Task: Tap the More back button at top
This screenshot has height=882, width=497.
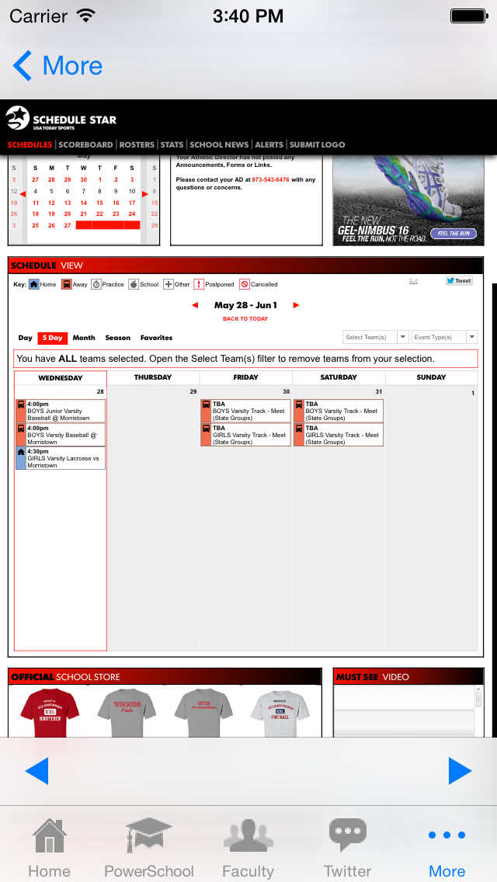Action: click(57, 66)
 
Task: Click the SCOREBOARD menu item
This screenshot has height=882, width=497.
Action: click(85, 144)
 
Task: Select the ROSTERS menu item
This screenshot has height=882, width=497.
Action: click(137, 144)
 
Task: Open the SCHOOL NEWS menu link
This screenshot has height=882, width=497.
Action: click(219, 144)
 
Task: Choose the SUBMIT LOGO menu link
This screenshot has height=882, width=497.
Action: click(317, 144)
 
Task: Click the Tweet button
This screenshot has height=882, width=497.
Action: click(459, 281)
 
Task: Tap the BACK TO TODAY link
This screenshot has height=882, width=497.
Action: click(245, 319)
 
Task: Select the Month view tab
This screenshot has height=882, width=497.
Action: click(84, 338)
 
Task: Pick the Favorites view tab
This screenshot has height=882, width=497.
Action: click(156, 338)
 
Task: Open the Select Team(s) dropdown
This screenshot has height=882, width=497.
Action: click(376, 337)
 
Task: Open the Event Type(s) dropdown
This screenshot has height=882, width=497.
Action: click(444, 337)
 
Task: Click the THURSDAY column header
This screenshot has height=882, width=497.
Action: click(153, 377)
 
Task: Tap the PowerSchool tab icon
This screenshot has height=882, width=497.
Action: click(149, 836)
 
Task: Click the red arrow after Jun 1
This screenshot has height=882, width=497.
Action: click(296, 305)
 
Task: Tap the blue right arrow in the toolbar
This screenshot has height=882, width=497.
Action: click(460, 771)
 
